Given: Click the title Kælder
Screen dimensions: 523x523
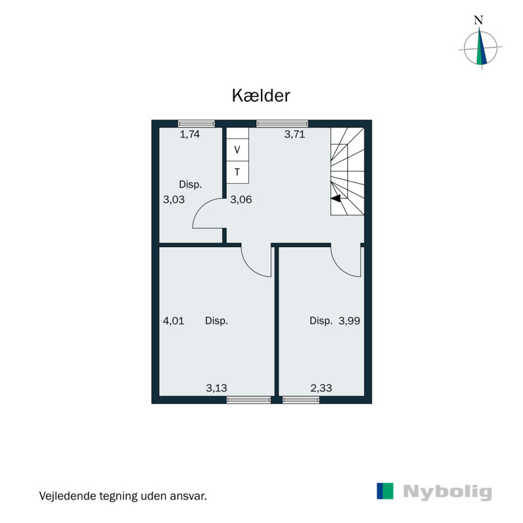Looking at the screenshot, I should coord(261,95).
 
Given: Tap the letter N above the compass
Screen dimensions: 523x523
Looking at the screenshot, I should coord(479,20).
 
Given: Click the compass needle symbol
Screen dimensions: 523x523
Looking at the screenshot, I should coord(482,48).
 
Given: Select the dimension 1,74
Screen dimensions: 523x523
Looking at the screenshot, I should coord(190,135).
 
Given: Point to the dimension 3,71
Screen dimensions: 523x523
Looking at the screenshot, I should coord(295,135).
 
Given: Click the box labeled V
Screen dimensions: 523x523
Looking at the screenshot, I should coord(237,150).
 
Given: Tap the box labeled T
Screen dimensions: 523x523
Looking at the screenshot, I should coord(237,173).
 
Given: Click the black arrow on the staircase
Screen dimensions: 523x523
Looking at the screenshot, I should coord(336,197).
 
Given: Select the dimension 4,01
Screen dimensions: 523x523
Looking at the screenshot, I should coord(173,321).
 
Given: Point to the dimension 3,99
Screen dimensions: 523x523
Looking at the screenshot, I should coord(350,321).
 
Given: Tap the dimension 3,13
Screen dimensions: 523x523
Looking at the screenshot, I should coord(216,388).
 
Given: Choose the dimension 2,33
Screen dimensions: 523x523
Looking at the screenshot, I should coord(320,388).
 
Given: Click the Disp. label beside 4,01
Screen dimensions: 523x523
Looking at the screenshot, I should coord(216,321).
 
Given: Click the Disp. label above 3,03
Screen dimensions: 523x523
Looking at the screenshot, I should coord(190,184).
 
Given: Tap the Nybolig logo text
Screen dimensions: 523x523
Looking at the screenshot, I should coord(447,492).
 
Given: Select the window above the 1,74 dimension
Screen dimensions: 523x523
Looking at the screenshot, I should coord(197,123).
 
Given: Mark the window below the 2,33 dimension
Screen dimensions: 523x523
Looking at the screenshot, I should coord(301,399).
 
